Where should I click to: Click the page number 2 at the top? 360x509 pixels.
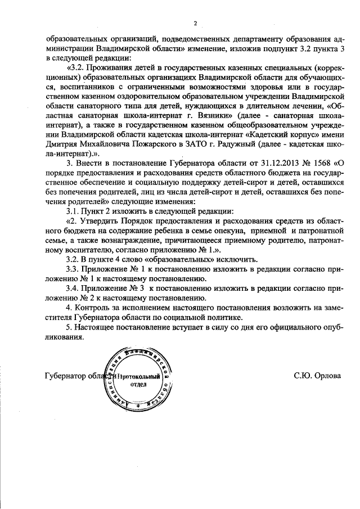[x=195, y=24]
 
